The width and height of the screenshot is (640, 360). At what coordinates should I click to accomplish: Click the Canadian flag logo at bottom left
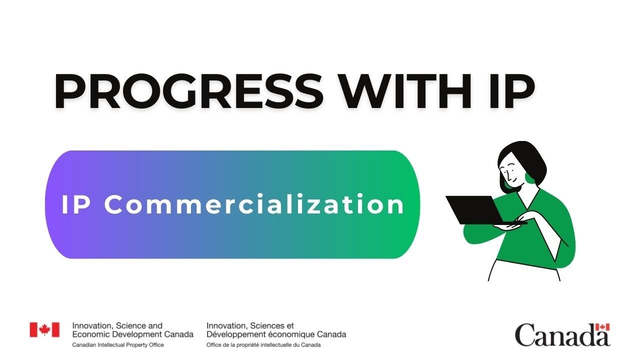click(x=44, y=329)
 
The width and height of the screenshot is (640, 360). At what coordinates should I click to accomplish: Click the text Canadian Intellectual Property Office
click(x=118, y=345)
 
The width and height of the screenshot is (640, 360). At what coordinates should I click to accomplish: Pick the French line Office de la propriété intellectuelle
click(x=263, y=345)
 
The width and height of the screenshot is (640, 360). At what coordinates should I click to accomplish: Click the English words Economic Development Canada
click(x=132, y=334)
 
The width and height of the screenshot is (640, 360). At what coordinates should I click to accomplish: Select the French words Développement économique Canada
click(x=276, y=334)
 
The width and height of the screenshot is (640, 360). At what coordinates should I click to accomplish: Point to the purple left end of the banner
click(x=57, y=205)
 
